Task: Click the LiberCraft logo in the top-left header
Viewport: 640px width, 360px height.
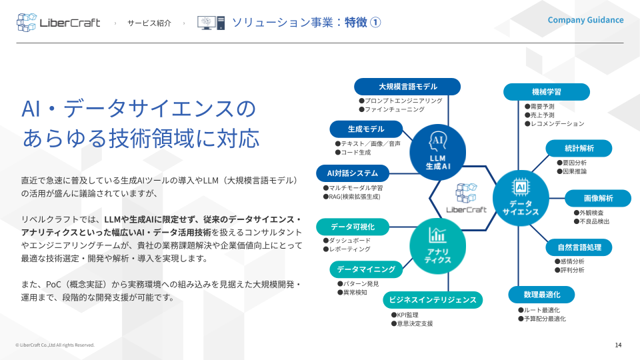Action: [x=59, y=23]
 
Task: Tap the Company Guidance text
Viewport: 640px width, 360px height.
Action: [x=585, y=20]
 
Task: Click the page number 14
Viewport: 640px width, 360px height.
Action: [x=618, y=345]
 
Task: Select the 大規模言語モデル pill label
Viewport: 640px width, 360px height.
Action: [x=407, y=87]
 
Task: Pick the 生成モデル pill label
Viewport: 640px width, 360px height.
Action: [x=366, y=129]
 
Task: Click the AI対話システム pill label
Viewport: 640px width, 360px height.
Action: [x=353, y=173]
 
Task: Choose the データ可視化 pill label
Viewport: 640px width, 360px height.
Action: [x=353, y=227]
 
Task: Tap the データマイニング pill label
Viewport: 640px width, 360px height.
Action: [x=366, y=269]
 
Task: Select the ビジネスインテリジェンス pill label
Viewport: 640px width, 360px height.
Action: [x=433, y=300]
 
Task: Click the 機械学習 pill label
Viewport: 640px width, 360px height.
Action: [x=547, y=92]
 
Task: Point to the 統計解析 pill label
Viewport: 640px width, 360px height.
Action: [x=579, y=148]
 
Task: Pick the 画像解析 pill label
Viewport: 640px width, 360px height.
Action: [x=599, y=199]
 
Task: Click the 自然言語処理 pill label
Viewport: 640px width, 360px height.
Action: [x=579, y=247]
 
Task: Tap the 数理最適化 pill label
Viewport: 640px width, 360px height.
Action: [x=541, y=295]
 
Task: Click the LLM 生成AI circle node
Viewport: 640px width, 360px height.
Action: [x=437, y=152]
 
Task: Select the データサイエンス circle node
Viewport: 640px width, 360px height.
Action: [x=521, y=199]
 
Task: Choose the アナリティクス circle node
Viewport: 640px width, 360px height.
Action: [x=437, y=246]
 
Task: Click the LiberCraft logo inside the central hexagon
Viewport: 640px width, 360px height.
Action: [x=467, y=199]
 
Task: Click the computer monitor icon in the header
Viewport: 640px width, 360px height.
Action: [x=211, y=23]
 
